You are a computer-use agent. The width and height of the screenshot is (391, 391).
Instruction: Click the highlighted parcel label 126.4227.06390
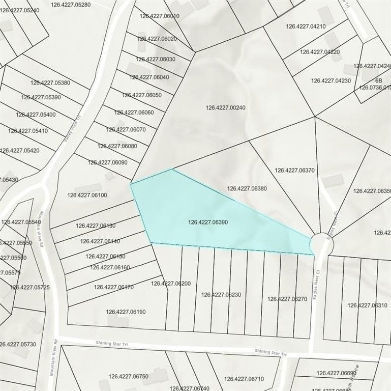coord(208,222)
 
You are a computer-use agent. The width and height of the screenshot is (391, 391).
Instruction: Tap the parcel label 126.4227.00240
coord(226,108)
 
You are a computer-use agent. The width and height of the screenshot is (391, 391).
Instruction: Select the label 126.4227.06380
coord(247,188)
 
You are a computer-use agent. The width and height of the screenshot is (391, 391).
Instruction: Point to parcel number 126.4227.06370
coord(295,171)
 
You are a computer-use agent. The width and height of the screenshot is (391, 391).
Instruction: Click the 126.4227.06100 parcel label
coord(87,195)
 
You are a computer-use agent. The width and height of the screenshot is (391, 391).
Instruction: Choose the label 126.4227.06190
coord(126,312)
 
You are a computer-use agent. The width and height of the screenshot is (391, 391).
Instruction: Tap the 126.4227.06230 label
coord(221,295)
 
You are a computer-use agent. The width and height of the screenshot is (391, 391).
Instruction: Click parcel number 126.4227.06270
coord(287,299)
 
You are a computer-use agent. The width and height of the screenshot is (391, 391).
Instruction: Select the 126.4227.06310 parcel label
coord(368,305)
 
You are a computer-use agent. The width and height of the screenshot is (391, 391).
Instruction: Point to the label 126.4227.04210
coord(306,26)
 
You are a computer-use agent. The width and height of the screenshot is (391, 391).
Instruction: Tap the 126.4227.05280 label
coord(71,5)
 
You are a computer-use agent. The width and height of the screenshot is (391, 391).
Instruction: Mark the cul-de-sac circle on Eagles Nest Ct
coord(322,244)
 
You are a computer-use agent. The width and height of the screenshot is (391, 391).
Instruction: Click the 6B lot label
coord(379,80)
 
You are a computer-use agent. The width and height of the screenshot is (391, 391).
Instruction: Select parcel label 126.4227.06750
coord(128,377)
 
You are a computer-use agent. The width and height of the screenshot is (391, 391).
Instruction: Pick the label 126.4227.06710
coord(244,379)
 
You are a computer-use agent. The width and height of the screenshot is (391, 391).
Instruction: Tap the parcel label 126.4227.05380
coord(50,82)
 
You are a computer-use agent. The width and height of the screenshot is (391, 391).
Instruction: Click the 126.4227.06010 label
coord(160,16)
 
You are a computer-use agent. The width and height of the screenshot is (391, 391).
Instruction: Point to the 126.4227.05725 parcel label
coord(31,288)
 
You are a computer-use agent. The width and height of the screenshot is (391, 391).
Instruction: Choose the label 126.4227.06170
coord(113,287)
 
